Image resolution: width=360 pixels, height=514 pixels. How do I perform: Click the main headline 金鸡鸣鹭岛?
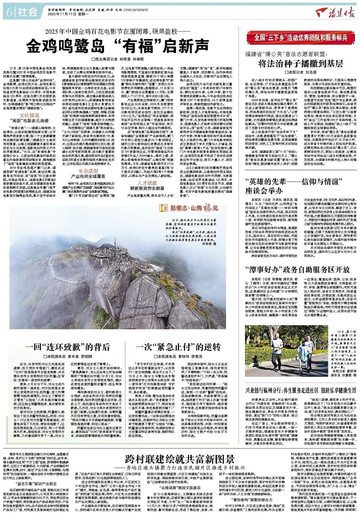click(119, 46)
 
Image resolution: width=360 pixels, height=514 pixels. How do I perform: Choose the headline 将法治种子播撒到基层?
click(300, 64)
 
